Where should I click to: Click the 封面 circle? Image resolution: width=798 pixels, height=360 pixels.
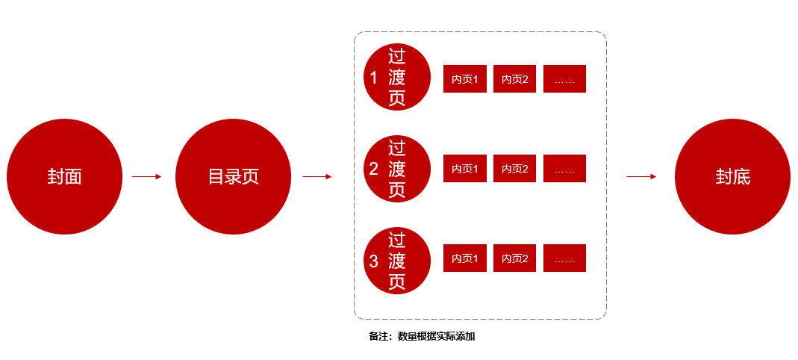point(64,177)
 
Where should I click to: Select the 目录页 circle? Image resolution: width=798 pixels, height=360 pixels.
point(233,177)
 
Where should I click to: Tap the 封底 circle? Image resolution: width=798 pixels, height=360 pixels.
point(732,177)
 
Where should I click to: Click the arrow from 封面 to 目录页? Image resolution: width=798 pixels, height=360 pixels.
point(146,177)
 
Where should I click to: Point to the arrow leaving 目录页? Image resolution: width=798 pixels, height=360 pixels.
point(317,177)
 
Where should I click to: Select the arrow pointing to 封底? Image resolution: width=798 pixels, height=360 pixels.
point(641,177)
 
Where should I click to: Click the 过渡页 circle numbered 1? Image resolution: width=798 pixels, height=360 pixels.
point(397,77)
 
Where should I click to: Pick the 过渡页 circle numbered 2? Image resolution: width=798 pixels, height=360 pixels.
point(397,169)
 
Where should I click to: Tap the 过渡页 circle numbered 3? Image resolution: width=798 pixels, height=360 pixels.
point(397,261)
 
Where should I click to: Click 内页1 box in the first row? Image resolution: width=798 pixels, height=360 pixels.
point(464,79)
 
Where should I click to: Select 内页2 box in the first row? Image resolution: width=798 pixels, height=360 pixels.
point(514,79)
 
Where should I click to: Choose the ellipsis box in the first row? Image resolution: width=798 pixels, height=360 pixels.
point(564,79)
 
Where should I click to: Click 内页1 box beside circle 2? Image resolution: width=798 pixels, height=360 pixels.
point(464,169)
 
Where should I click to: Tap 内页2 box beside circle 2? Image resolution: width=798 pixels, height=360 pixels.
point(514,169)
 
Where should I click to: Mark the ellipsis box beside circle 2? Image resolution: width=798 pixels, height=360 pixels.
point(564,169)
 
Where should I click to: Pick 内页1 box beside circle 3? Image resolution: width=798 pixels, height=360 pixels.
point(464,258)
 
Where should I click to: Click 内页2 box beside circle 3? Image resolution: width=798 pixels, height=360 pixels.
point(514,258)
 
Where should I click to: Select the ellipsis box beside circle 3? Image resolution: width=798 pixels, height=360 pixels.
point(564,258)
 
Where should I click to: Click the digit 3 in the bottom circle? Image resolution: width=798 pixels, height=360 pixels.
point(374,261)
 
